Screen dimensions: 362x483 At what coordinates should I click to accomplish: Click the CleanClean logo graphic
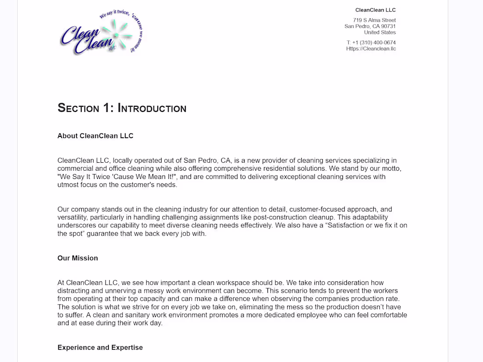click(x=101, y=32)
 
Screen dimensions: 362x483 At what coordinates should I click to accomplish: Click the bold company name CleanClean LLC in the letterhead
click(x=375, y=10)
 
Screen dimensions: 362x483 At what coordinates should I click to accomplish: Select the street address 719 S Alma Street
click(x=374, y=20)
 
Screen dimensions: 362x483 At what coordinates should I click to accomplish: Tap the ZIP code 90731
click(x=388, y=26)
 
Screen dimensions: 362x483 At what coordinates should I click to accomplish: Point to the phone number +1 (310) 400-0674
click(x=374, y=43)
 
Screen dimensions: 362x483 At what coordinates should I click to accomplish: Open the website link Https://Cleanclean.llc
click(x=371, y=49)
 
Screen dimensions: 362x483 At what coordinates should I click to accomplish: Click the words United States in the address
click(x=380, y=32)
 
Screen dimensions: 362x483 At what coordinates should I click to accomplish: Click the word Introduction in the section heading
click(x=152, y=108)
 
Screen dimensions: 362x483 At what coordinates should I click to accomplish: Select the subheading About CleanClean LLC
click(x=95, y=136)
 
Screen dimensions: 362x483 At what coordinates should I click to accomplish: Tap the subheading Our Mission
click(x=78, y=258)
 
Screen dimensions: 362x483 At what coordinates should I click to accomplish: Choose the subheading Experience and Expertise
click(x=100, y=348)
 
